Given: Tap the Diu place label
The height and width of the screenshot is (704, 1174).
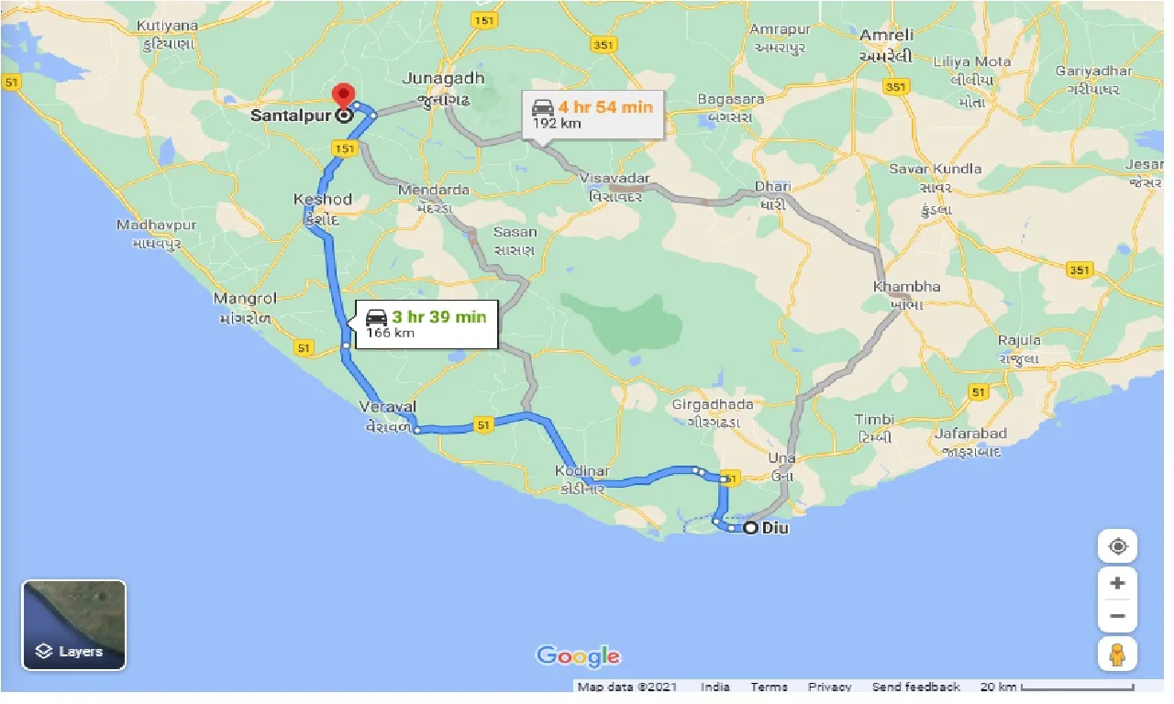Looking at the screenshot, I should tap(775, 528).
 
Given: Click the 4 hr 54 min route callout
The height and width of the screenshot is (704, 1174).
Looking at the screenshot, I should tap(593, 115).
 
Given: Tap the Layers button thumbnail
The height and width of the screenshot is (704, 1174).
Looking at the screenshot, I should tap(74, 625).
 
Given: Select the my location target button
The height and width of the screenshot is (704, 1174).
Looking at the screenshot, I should tap(1117, 547).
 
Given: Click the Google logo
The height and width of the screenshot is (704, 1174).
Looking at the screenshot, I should tap(578, 656).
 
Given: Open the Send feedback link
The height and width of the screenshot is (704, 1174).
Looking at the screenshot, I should tap(915, 687).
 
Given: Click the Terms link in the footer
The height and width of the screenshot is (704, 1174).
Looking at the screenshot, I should tap(768, 687).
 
